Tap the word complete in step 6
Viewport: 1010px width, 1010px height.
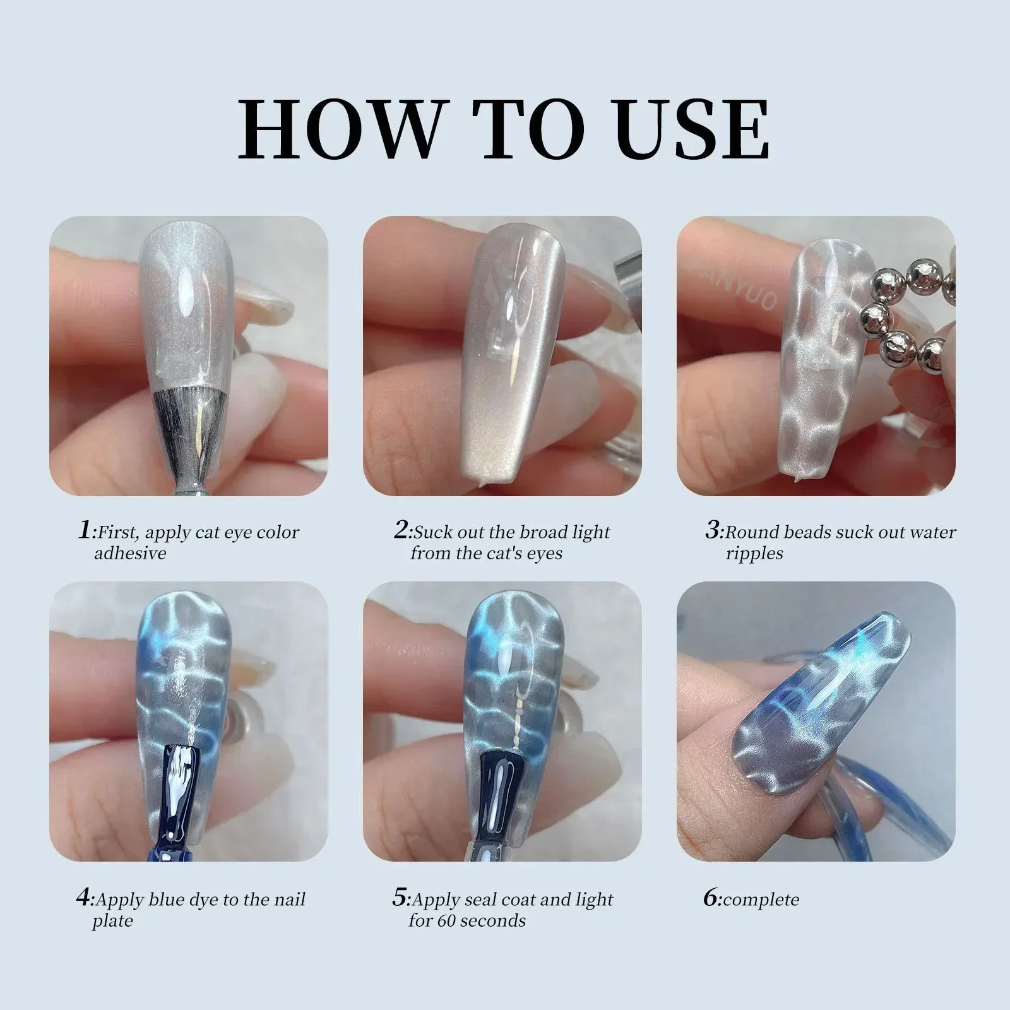click(761, 899)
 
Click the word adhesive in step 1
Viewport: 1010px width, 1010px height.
click(130, 554)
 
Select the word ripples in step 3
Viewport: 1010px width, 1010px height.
click(754, 554)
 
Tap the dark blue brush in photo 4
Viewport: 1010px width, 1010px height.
click(184, 789)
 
